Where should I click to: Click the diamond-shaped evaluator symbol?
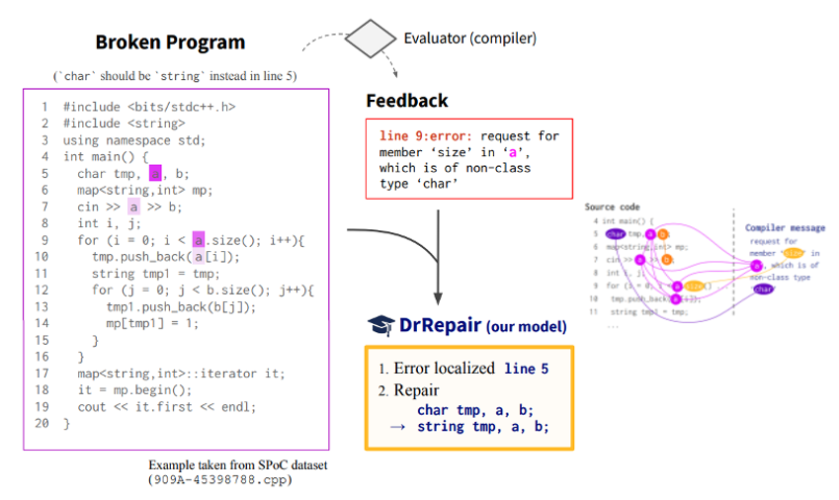click(369, 39)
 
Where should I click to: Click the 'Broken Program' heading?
click(170, 42)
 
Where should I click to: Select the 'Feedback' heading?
click(406, 101)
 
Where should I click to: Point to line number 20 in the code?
click(41, 423)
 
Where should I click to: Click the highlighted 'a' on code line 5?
click(155, 174)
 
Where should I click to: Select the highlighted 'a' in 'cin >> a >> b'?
click(134, 208)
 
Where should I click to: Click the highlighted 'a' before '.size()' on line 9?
click(199, 240)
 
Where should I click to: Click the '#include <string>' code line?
click(124, 124)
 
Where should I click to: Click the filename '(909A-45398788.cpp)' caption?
click(218, 479)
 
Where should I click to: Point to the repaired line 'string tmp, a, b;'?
click(482, 427)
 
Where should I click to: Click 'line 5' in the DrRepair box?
click(526, 368)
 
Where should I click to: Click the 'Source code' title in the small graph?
click(613, 208)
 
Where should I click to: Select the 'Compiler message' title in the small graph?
click(785, 228)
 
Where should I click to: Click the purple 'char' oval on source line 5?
click(617, 233)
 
